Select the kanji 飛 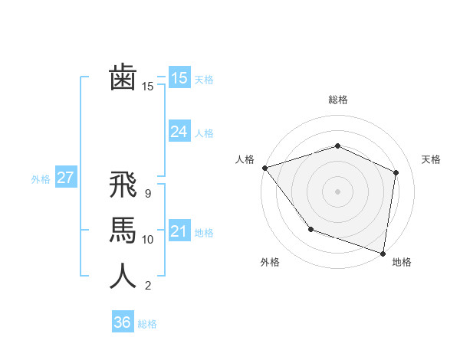(x=123, y=186)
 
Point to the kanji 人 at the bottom (x=123, y=277)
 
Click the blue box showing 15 (x=179, y=77)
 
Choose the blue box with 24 (x=179, y=132)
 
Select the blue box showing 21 (x=179, y=231)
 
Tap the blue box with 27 (x=65, y=178)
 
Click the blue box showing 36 (x=122, y=322)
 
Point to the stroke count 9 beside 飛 (x=147, y=194)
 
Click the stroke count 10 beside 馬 (x=148, y=240)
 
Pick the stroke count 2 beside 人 (x=148, y=286)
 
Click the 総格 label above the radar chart (x=337, y=100)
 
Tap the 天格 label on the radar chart (x=431, y=159)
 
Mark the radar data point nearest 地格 (x=383, y=253)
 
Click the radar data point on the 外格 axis (x=310, y=228)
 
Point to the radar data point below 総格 (x=337, y=146)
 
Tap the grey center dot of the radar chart (x=337, y=191)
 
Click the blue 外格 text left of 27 (x=41, y=178)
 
